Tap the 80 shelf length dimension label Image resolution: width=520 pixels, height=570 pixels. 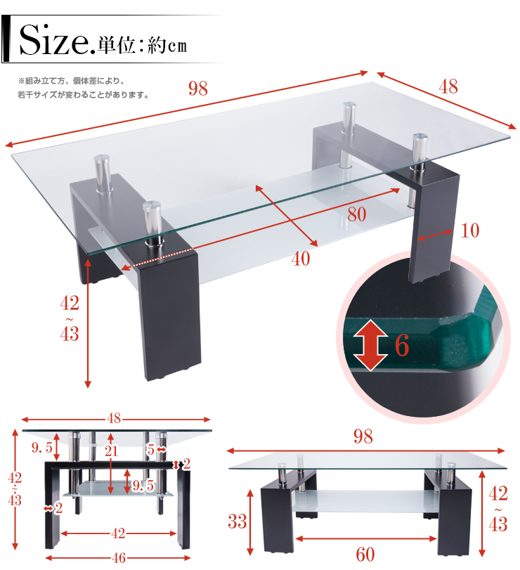coord(356,214)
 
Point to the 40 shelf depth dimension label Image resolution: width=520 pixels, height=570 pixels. coord(301,259)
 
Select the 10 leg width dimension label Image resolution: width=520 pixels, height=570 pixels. coord(470,231)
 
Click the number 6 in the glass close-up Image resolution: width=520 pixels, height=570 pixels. coord(402,345)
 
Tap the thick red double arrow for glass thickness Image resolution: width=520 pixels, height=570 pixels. coord(370,345)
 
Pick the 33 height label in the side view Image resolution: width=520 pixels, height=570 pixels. coord(238,522)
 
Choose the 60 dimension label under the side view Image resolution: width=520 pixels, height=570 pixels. coord(365,555)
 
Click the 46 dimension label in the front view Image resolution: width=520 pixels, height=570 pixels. coord(119,557)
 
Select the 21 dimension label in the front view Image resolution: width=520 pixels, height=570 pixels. coord(111,451)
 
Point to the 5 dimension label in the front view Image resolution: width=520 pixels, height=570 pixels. coord(150,450)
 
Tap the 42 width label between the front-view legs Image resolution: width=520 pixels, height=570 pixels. coord(118,533)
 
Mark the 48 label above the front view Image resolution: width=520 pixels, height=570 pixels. coord(114,418)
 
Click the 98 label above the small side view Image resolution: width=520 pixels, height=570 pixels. coord(363,436)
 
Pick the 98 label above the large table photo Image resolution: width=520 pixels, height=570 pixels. coord(198,89)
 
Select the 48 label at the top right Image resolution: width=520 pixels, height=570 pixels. coord(448,86)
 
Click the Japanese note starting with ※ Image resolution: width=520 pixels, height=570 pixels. coord(83,88)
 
